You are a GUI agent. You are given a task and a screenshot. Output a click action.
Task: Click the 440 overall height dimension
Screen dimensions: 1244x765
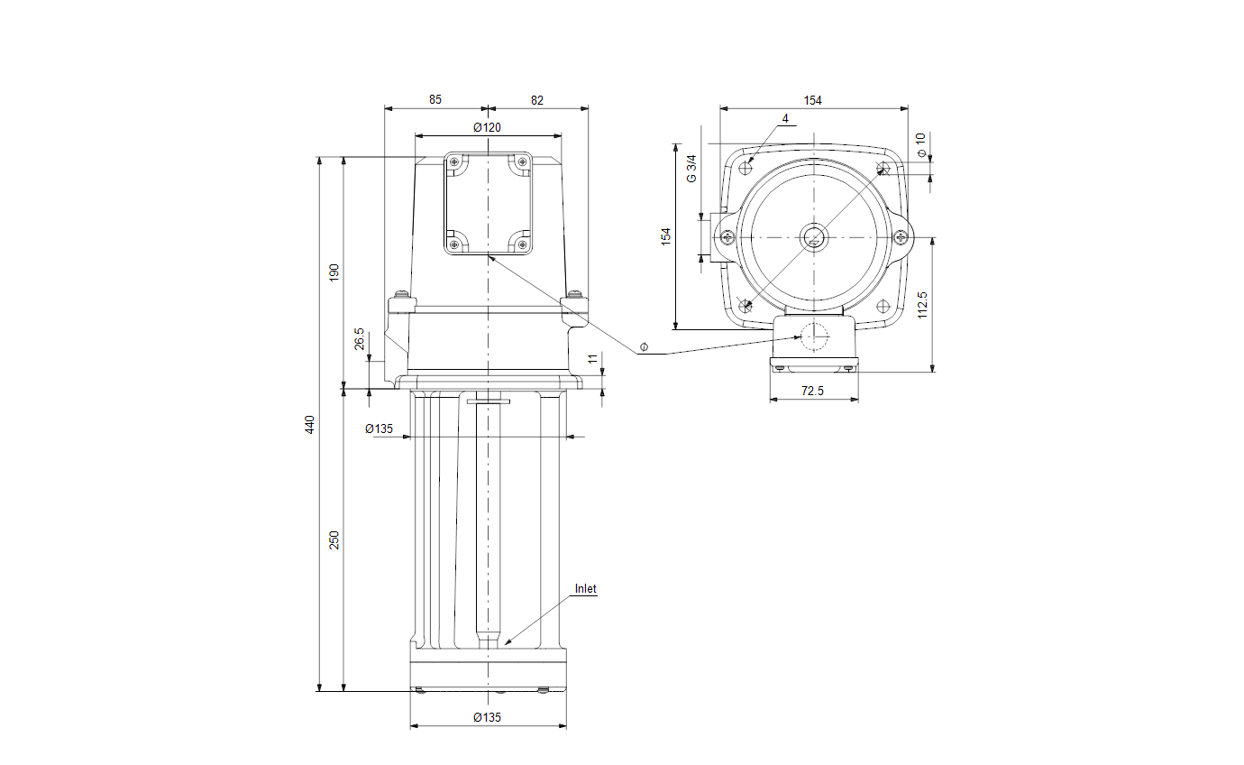coord(310,424)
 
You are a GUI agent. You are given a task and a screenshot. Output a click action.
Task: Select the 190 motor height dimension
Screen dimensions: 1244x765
coord(334,272)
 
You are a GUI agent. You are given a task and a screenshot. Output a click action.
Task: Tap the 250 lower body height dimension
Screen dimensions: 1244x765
coord(334,539)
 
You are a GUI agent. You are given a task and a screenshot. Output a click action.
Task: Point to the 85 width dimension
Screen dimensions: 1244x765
coord(434,99)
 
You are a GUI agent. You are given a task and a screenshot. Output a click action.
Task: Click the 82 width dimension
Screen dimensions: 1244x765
coord(537,100)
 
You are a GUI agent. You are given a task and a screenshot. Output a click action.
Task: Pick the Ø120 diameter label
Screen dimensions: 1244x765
coord(487,127)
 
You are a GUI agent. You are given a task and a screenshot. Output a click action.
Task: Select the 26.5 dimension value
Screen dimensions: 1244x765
coord(360,338)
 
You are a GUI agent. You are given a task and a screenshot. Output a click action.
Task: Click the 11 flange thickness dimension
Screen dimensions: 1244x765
coord(593,359)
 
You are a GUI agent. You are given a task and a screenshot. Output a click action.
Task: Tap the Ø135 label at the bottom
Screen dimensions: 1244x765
coord(487,717)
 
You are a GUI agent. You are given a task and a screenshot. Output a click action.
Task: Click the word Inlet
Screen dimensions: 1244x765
coord(585,588)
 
